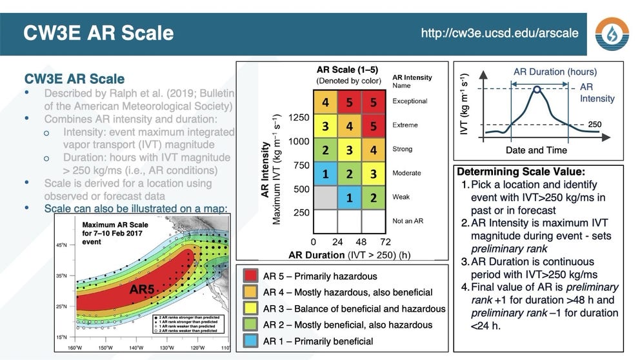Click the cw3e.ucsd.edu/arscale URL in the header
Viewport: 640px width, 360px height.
point(499,32)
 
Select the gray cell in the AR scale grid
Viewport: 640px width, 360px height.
point(326,197)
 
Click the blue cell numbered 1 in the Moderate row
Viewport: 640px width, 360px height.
point(326,174)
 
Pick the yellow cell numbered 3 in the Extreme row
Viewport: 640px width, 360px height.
point(326,125)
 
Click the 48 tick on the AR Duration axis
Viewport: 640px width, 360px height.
point(361,242)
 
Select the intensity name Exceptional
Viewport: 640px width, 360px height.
point(410,101)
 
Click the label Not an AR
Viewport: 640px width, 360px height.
point(408,221)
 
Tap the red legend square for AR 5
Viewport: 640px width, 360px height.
point(251,276)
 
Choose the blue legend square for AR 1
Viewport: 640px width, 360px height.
point(251,341)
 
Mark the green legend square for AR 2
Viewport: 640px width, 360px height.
point(251,325)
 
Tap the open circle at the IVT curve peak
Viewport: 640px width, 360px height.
point(537,90)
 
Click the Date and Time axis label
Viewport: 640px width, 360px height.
point(536,150)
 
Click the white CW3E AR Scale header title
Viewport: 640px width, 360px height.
point(98,33)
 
